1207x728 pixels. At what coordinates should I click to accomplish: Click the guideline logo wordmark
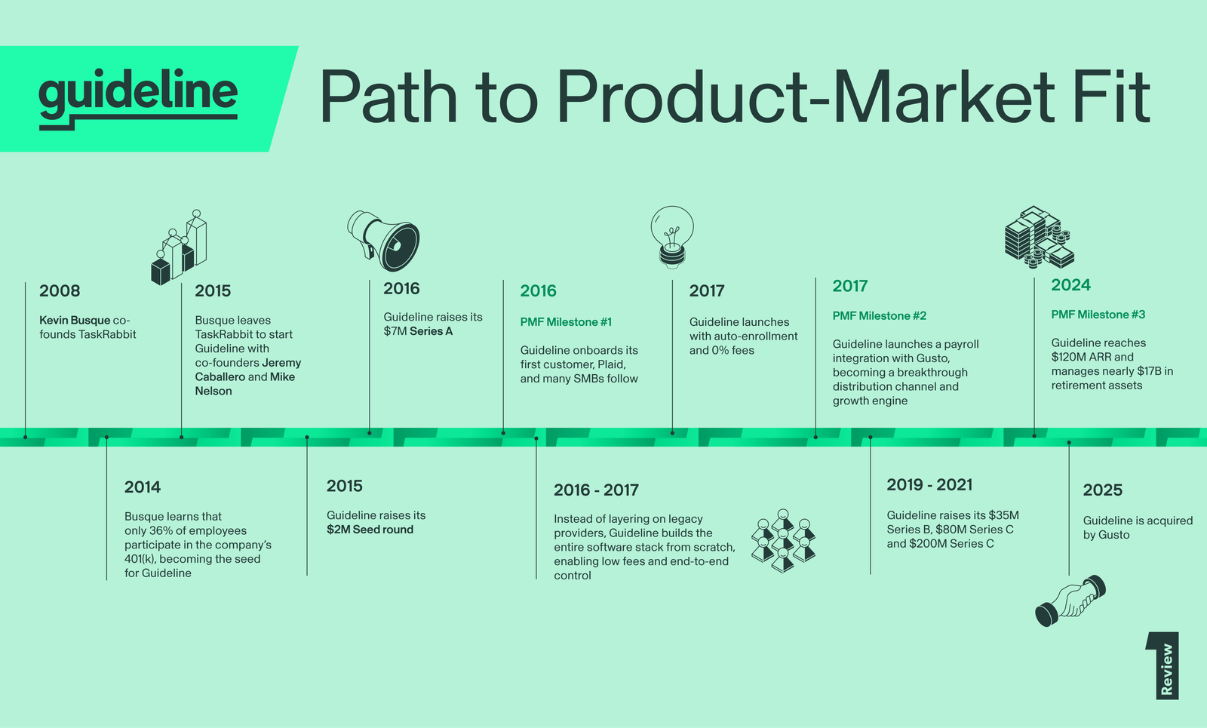[138, 99]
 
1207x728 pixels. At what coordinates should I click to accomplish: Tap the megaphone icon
[384, 241]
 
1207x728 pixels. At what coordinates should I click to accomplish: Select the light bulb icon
[672, 237]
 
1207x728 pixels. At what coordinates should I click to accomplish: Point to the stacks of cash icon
[1039, 237]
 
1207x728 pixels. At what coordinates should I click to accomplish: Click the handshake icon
[1070, 601]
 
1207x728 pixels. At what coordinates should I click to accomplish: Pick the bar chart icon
[180, 247]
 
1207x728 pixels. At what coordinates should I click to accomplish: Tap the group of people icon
[783, 540]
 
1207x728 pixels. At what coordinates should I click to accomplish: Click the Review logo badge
[1162, 665]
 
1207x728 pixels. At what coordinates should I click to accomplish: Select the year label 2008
[60, 291]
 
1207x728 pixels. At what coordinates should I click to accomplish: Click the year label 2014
[143, 487]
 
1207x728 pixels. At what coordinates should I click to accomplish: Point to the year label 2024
[1070, 285]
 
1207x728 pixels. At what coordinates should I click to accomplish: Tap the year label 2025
[1102, 490]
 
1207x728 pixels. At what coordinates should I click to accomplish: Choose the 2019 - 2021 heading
[929, 485]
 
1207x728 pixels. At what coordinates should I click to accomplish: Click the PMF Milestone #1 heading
[566, 322]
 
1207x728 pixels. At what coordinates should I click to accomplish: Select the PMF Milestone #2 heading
[880, 316]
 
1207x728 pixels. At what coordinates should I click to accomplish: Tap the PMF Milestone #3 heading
[1098, 315]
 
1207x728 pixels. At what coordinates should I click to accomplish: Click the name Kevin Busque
[75, 320]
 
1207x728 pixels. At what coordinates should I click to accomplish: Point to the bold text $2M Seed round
[370, 530]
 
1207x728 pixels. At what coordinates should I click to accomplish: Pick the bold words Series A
[431, 331]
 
